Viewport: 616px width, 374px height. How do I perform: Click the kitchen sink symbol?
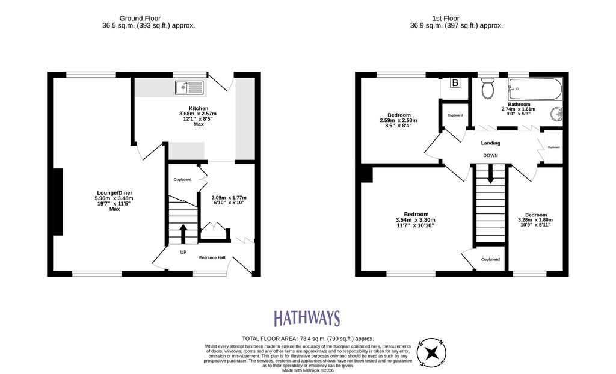click(x=189, y=87)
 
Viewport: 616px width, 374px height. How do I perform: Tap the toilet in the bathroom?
click(x=488, y=88)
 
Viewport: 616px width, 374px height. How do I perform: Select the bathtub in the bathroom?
click(x=535, y=89)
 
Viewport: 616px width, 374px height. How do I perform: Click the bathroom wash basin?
click(x=558, y=114)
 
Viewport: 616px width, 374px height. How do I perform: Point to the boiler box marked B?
click(x=455, y=83)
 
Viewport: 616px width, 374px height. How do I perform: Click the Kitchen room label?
click(x=199, y=108)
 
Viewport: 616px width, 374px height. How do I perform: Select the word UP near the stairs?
click(x=183, y=252)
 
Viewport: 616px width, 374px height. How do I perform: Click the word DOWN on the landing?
click(x=490, y=156)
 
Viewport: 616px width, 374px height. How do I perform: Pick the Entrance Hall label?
click(x=212, y=258)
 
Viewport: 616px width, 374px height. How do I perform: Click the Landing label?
click(x=491, y=143)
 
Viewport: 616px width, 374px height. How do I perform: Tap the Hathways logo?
click(x=307, y=318)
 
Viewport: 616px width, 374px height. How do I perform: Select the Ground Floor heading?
click(x=140, y=19)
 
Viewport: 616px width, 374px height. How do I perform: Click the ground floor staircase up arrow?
click(x=183, y=234)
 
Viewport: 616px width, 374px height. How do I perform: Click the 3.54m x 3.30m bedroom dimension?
click(x=415, y=220)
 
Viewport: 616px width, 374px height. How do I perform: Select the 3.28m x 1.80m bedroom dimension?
click(x=535, y=220)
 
